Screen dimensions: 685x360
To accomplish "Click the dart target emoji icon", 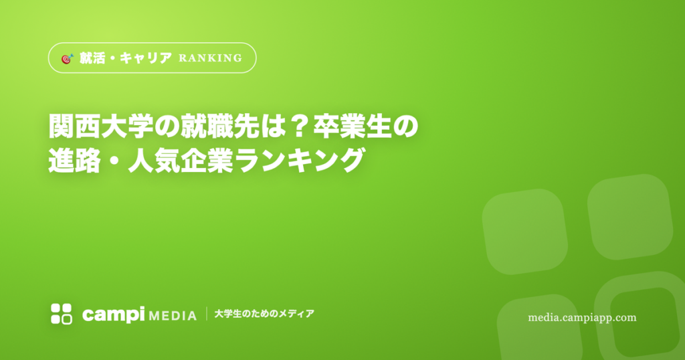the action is click(x=68, y=58).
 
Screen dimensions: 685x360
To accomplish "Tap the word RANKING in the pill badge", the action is click(x=211, y=58).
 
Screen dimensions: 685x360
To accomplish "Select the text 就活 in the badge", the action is click(x=92, y=58).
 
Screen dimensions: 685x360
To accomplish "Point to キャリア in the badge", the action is click(x=145, y=58).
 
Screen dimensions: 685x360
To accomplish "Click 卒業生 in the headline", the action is click(x=353, y=126).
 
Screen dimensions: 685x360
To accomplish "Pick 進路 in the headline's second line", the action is click(x=74, y=161).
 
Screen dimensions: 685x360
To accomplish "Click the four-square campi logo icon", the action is click(x=62, y=314).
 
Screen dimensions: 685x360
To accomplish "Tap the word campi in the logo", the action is click(x=113, y=314).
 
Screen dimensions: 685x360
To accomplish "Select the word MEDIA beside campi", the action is click(x=173, y=316).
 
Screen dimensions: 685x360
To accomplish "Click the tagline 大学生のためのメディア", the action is click(x=264, y=314).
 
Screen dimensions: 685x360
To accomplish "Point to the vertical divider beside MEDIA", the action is click(x=207, y=314).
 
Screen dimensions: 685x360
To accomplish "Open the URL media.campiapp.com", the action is click(x=582, y=318).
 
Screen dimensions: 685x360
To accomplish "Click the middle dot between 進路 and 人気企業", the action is click(x=114, y=161).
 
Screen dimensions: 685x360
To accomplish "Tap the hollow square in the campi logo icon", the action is click(x=67, y=320).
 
